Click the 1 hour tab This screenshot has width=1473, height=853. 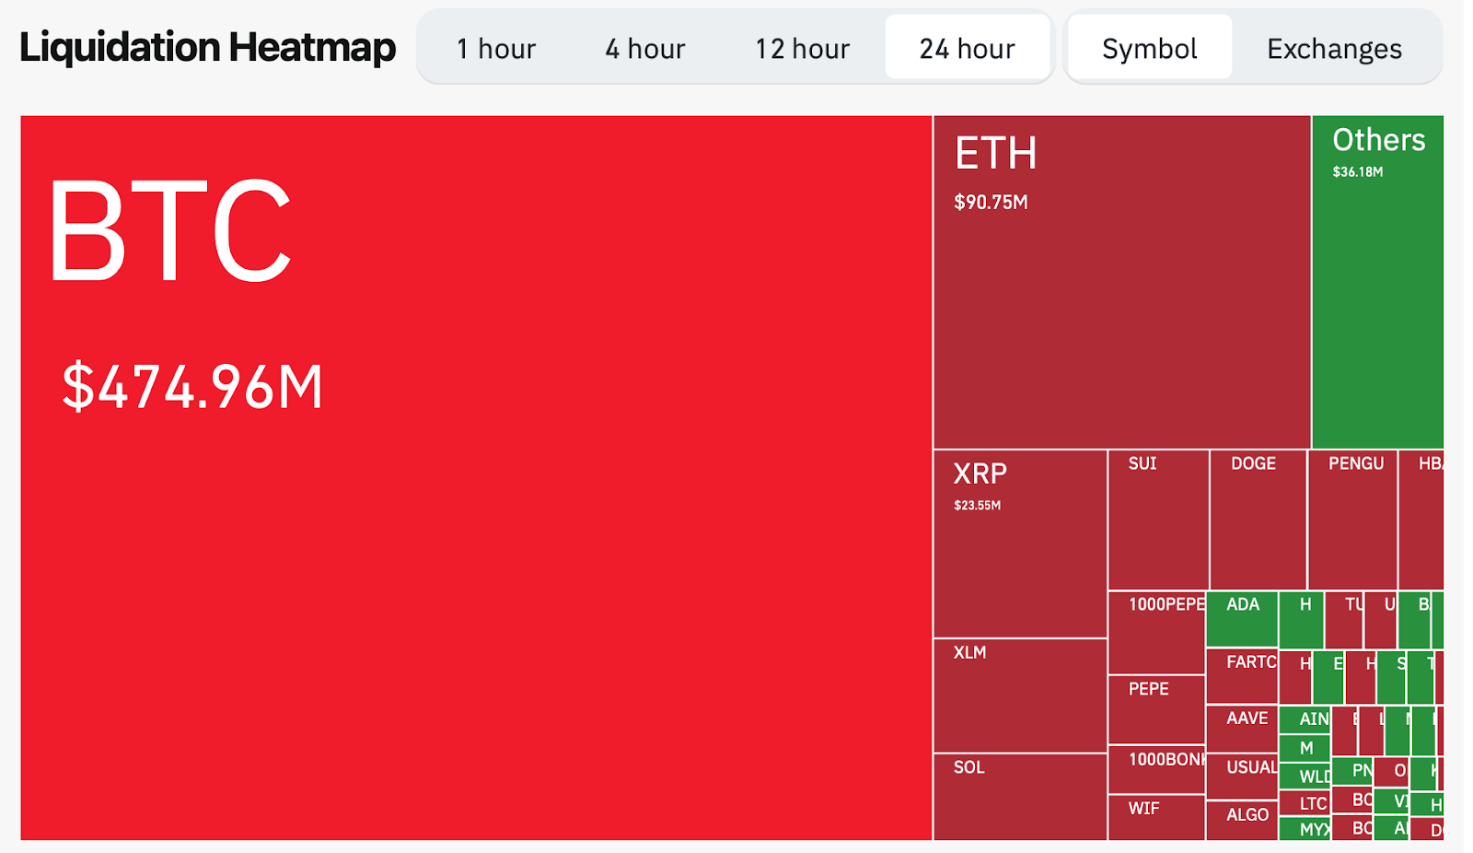click(495, 48)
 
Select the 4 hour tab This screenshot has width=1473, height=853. click(644, 48)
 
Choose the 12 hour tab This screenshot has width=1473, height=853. click(802, 48)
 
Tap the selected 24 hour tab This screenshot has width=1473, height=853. click(967, 48)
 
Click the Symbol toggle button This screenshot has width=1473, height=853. click(1149, 48)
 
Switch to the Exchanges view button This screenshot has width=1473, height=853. click(1334, 48)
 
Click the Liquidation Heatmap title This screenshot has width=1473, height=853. click(207, 48)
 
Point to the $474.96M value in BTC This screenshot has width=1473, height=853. click(192, 387)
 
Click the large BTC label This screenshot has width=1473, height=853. click(170, 230)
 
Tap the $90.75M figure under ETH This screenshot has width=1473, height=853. click(991, 202)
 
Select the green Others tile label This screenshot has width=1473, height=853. click(1378, 140)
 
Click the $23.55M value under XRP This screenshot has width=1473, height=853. click(977, 505)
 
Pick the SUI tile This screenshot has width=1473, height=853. click(1157, 520)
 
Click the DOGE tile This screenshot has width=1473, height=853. click(1257, 520)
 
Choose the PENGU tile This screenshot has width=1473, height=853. click(1352, 520)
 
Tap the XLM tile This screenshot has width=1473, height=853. click(1019, 695)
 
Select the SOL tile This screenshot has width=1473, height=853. click(1019, 797)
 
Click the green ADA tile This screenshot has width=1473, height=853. click(1242, 618)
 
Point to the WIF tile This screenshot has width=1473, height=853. click(1155, 816)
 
